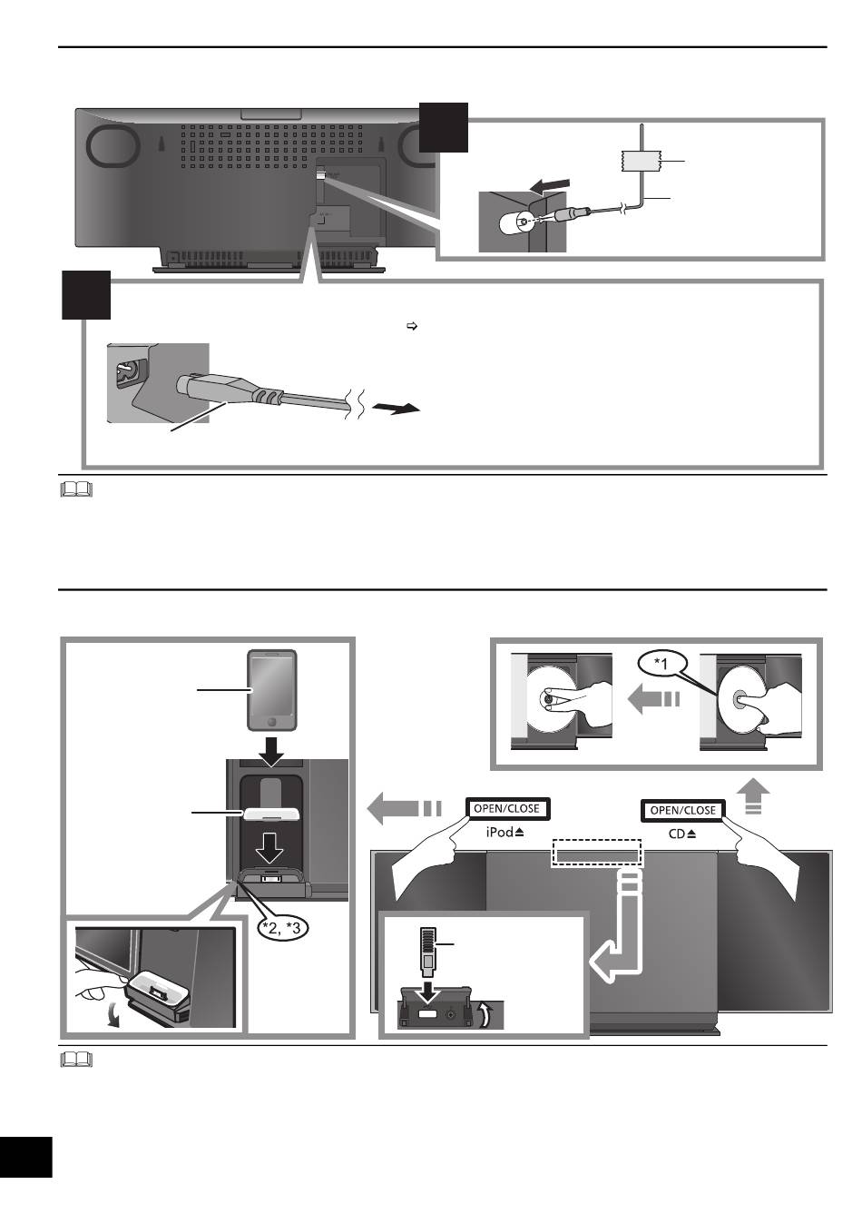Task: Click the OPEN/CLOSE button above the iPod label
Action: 507,809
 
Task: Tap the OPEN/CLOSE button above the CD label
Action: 682,810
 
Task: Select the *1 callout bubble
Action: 661,664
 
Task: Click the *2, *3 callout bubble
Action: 281,927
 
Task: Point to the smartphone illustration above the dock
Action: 272,690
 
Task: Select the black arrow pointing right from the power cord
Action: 396,408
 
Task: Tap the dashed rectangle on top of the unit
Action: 598,853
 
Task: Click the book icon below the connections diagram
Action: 76,489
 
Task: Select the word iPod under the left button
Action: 500,833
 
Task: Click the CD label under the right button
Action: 676,834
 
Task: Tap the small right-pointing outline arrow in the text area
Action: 412,327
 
